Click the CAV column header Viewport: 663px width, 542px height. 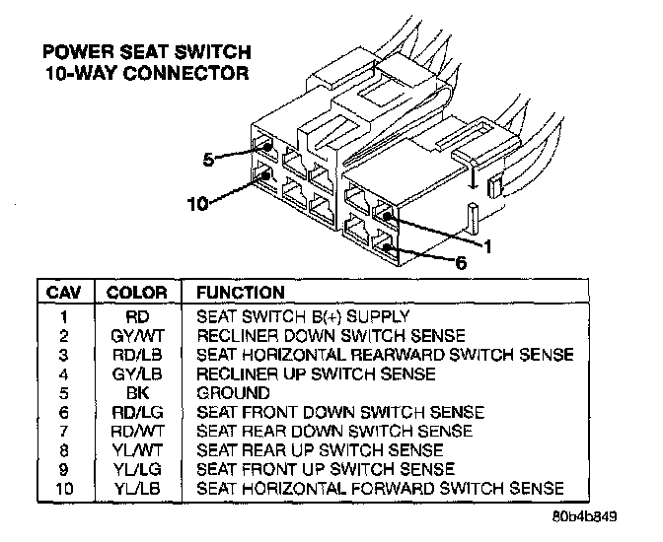click(64, 293)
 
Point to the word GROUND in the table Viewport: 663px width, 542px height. click(233, 392)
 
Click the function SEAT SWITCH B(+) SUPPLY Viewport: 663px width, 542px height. click(302, 317)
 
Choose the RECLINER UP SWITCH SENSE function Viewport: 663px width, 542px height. click(316, 373)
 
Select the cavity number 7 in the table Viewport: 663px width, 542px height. click(64, 431)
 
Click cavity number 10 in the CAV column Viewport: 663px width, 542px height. click(64, 488)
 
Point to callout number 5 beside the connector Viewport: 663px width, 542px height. click(208, 159)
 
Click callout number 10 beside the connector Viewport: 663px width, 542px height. click(198, 203)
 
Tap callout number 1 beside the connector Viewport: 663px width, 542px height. click(486, 243)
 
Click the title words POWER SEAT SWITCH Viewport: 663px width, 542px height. click(145, 52)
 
